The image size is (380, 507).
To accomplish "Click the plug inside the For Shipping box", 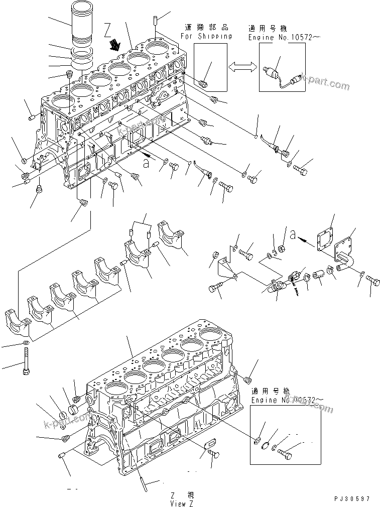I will click(204, 83).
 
